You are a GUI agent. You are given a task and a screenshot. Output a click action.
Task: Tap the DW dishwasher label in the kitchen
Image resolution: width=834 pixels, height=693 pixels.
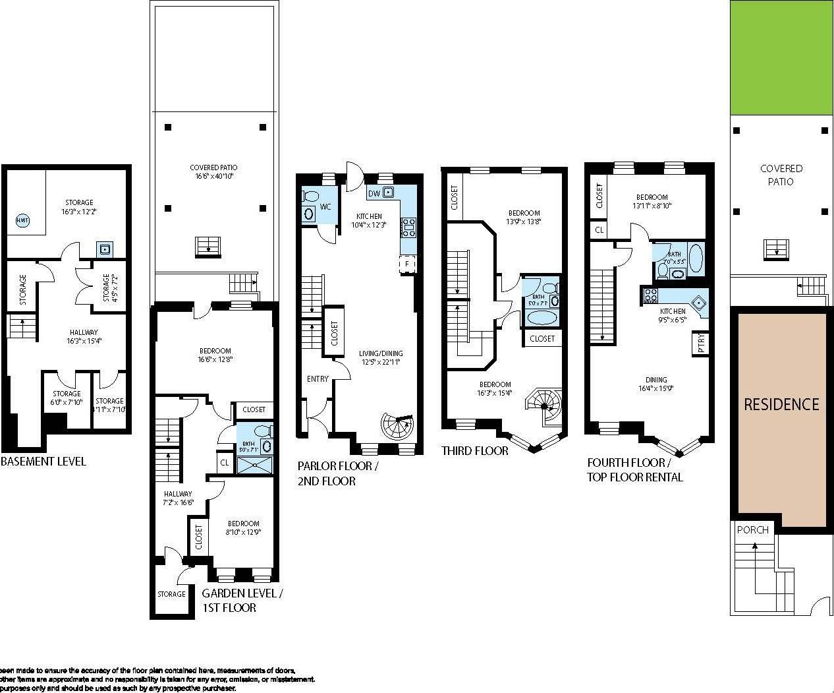374,193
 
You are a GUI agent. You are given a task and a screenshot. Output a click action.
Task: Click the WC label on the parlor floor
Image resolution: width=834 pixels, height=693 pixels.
325,207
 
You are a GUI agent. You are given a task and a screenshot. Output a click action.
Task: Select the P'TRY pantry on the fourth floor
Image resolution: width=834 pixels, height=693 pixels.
700,344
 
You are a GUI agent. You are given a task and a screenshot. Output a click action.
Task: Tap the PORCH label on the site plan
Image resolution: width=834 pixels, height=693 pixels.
752,530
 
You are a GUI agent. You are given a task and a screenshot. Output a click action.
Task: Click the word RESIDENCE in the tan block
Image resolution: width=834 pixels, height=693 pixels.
781,404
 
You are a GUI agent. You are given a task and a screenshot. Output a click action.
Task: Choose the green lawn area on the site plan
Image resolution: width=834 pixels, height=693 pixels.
781,58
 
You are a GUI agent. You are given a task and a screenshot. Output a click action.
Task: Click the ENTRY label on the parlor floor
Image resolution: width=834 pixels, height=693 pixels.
317,379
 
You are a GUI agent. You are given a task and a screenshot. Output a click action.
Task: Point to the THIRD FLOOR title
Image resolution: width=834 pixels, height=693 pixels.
474,451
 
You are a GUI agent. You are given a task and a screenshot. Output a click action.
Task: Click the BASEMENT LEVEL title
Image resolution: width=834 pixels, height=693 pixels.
43,462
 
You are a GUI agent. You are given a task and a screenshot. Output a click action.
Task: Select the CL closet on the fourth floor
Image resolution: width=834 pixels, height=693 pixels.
599,230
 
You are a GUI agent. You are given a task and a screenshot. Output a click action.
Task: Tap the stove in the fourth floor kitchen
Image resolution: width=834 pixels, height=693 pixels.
650,294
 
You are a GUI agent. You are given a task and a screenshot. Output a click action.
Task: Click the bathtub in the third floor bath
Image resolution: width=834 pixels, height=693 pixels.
542,317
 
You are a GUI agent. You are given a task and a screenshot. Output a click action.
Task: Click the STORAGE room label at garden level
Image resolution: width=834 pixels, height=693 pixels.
171,594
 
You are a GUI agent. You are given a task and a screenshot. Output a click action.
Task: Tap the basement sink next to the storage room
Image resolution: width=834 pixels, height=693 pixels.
104,249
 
